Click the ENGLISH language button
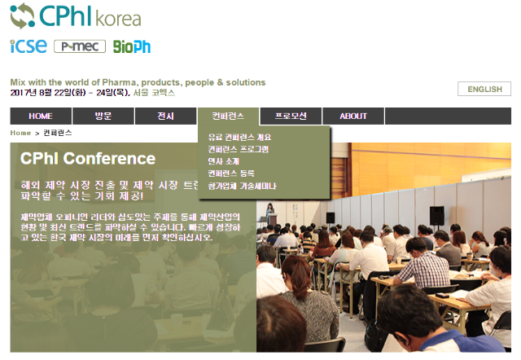coord(484,89)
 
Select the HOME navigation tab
coord(41,116)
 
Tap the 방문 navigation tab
coord(103,116)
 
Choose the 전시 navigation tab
coord(165,116)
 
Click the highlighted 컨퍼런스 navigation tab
coord(228,116)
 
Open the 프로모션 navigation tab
coord(291,116)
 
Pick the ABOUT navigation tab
coord(353,116)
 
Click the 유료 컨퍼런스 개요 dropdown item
coord(239,137)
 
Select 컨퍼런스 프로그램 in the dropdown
coord(238,149)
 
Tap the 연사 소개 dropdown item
coord(223,161)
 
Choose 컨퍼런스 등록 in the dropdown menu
coord(231,173)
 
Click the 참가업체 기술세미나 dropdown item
coord(242,186)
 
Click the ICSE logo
coord(28,46)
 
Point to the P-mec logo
coord(80,46)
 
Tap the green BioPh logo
coord(132,46)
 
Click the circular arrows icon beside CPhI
coord(22,15)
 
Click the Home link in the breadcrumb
coord(20,133)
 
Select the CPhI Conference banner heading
coord(88,159)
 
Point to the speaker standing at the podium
coord(269,213)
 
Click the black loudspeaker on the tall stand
coord(436,215)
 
